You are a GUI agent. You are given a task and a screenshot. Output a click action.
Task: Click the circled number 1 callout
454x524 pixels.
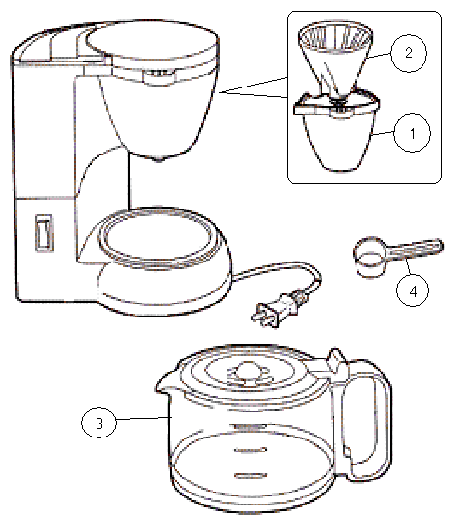click(x=412, y=133)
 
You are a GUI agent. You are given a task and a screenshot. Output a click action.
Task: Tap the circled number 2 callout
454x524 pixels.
click(x=409, y=53)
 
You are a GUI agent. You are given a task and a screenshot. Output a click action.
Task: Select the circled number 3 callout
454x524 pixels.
click(x=99, y=423)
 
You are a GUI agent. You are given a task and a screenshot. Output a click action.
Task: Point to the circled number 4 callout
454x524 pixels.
click(x=413, y=290)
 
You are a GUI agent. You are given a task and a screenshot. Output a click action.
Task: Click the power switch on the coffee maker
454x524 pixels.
click(x=44, y=233)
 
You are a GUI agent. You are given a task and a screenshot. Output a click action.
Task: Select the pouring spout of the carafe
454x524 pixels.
click(x=164, y=383)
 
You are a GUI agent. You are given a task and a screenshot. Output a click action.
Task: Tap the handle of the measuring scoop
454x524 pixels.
click(x=416, y=249)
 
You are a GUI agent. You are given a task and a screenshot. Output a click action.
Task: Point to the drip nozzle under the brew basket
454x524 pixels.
click(x=159, y=159)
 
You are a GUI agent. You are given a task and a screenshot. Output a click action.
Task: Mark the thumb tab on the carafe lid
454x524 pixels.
click(x=338, y=360)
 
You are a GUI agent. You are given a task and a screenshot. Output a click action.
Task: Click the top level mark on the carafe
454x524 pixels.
click(x=250, y=427)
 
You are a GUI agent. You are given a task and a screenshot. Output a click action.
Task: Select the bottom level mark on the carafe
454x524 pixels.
click(x=251, y=475)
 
